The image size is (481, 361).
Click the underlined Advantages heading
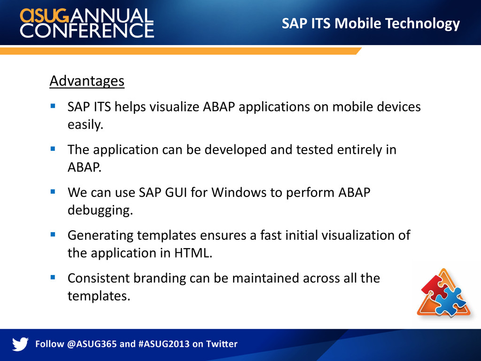87,81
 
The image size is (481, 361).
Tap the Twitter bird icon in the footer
20,344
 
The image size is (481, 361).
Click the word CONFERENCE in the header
87,31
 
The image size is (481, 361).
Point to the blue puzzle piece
450,301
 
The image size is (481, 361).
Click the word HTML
193,253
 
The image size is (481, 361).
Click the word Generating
101,236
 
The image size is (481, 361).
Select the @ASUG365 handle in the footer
92,344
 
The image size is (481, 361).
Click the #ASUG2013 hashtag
164,344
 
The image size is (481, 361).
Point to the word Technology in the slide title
422,24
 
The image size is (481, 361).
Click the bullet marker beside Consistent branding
53,277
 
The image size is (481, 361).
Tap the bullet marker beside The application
53,149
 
